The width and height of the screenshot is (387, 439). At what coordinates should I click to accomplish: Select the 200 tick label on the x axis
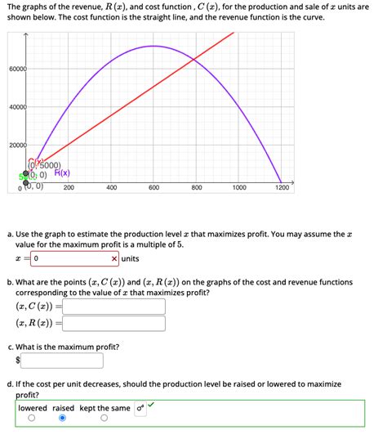tap(69, 188)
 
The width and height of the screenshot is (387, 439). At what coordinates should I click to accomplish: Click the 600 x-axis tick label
tap(153, 188)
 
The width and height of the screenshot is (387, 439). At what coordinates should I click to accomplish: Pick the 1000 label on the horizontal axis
tap(238, 188)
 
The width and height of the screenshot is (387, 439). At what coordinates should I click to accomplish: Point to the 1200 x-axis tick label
tap(282, 188)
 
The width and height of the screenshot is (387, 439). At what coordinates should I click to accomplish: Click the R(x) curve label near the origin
tap(62, 173)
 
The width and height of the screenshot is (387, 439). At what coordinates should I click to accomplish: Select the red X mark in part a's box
tap(114, 259)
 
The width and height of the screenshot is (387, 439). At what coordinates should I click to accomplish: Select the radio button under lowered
tap(31, 419)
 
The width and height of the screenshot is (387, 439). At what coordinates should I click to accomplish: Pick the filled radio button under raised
tap(62, 419)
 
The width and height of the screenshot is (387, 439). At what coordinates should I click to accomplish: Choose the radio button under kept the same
tap(105, 419)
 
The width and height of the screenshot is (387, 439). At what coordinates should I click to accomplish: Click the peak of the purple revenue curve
tap(153, 46)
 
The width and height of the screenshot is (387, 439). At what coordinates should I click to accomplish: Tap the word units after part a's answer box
tap(131, 259)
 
